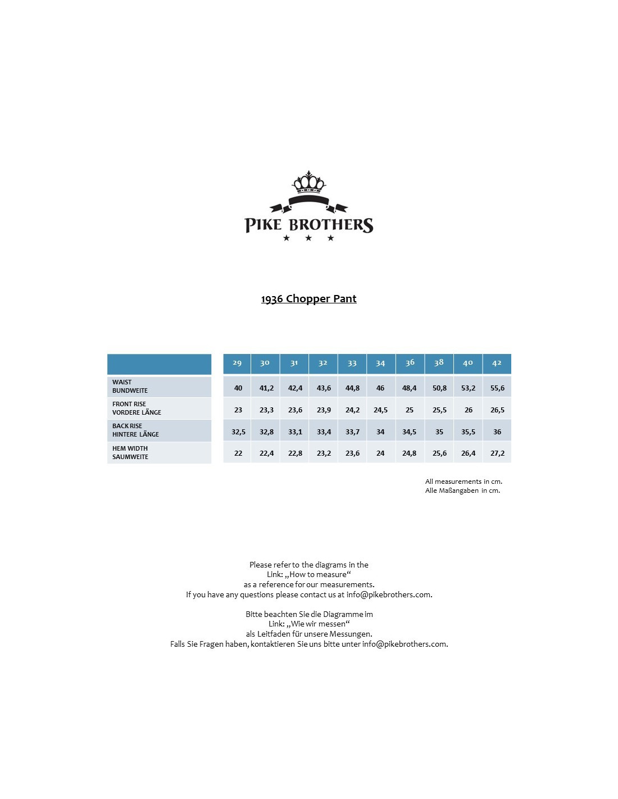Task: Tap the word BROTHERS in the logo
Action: tap(331, 225)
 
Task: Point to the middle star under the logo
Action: tap(308, 238)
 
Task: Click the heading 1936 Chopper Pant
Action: tap(308, 298)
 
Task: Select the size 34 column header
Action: tap(380, 363)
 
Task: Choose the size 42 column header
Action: tap(497, 363)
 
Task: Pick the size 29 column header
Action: tap(237, 363)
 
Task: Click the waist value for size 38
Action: tap(439, 388)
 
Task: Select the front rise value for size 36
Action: tap(410, 410)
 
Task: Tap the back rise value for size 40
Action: tap(468, 432)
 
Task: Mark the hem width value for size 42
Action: tap(497, 453)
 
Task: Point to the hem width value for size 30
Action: tap(266, 453)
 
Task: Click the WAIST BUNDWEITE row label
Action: tap(130, 386)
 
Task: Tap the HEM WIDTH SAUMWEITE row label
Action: tap(130, 452)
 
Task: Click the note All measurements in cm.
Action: tap(463, 482)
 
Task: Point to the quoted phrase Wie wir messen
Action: tap(318, 624)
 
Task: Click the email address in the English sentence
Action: tap(389, 594)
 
